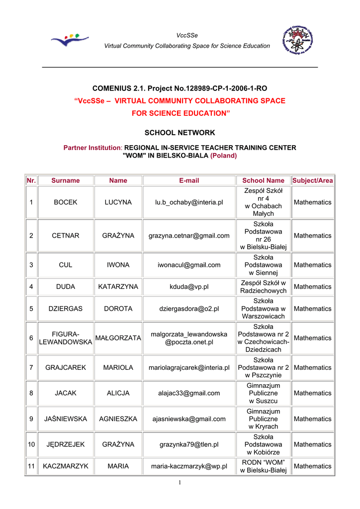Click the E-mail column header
point(189,180)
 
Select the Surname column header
point(65,180)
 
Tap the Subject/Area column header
point(312,180)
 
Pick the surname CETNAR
point(65,236)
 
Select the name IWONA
point(118,265)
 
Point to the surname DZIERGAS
point(65,309)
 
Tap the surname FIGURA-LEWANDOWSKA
point(65,338)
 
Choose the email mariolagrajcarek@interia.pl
point(189,368)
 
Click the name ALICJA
point(118,393)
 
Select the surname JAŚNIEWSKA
point(65,419)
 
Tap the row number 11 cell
point(31,466)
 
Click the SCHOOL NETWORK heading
point(180,133)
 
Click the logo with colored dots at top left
point(70,40)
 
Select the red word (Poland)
point(224,155)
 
